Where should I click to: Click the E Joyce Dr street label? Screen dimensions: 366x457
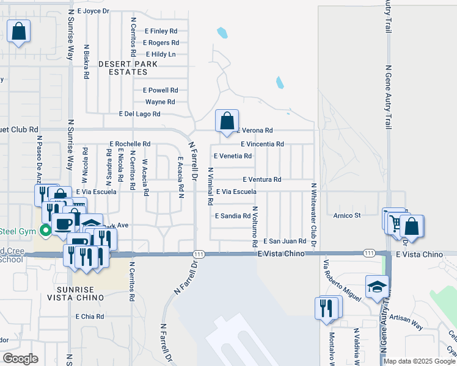pyautogui.click(x=93, y=11)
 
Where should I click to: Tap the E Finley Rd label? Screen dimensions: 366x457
pyautogui.click(x=161, y=31)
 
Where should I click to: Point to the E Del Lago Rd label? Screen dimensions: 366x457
pyautogui.click(x=139, y=114)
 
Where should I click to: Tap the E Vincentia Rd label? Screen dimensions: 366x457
pyautogui.click(x=262, y=144)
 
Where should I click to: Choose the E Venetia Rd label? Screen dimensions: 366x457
pyautogui.click(x=233, y=156)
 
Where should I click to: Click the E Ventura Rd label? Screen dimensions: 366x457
pyautogui.click(x=261, y=179)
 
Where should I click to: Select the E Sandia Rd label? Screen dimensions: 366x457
pyautogui.click(x=233, y=216)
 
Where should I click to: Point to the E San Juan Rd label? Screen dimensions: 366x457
pyautogui.click(x=285, y=242)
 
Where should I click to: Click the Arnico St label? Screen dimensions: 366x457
pyautogui.click(x=347, y=215)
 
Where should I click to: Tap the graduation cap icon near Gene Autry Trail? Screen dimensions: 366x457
pyautogui.click(x=377, y=286)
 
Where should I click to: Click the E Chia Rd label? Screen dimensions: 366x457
pyautogui.click(x=90, y=317)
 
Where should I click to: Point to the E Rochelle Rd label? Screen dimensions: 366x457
pyautogui.click(x=130, y=144)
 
